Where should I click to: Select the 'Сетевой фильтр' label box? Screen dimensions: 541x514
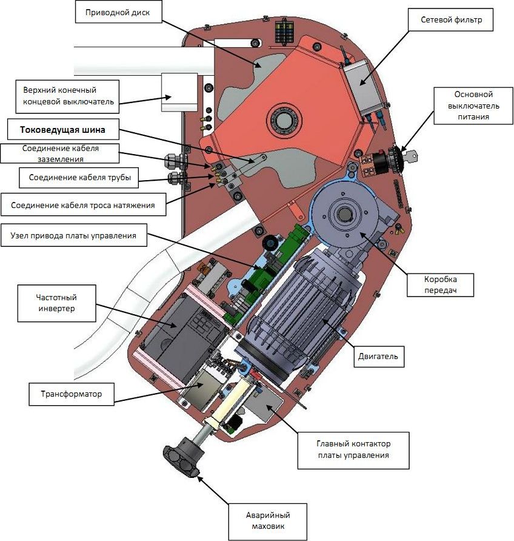(x=451, y=20)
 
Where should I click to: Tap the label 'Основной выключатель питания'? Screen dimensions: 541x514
(x=473, y=106)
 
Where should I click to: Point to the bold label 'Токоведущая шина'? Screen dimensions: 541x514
(x=61, y=129)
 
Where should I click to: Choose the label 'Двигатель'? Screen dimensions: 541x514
(x=376, y=357)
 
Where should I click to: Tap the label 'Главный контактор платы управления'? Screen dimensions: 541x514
(x=353, y=449)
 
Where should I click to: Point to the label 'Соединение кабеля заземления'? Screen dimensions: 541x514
(x=51, y=153)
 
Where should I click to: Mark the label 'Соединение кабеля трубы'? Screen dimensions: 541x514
(x=76, y=178)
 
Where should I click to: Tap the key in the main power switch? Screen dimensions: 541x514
(x=412, y=156)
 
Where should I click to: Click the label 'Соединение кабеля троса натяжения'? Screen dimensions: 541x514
(x=82, y=206)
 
